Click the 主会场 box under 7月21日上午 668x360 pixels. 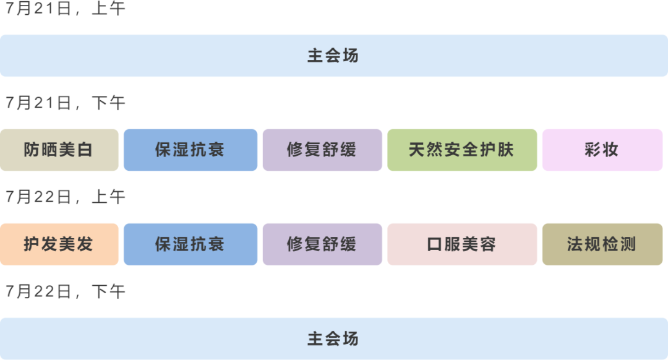click(333, 56)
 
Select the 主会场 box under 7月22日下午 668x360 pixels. click(333, 338)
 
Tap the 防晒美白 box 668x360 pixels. click(59, 150)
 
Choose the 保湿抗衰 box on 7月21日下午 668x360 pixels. click(190, 150)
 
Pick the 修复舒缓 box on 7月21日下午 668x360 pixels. click(322, 150)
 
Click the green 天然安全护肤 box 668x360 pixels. click(461, 150)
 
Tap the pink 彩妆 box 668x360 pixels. click(602, 150)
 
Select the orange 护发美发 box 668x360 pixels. click(59, 244)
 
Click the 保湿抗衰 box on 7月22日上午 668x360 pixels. click(190, 244)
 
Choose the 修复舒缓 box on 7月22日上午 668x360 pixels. click(322, 244)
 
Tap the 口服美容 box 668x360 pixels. click(461, 244)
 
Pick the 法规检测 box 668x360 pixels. click(602, 244)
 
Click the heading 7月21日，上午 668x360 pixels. click(65, 9)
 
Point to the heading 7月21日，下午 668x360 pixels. click(65, 103)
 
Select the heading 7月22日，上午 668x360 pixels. click(65, 197)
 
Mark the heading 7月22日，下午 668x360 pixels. click(65, 291)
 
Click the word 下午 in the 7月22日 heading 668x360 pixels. click(108, 291)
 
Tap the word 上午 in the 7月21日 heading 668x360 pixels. click(108, 9)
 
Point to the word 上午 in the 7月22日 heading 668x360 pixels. click(108, 197)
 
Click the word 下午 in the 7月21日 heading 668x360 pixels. click(108, 103)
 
